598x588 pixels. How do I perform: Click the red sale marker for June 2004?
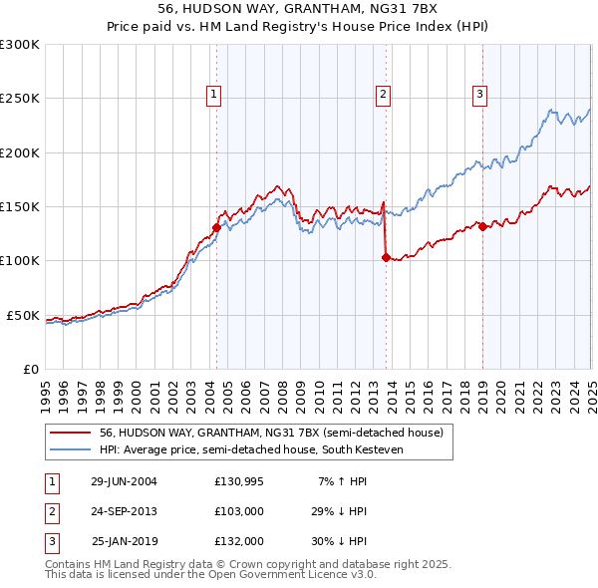216,227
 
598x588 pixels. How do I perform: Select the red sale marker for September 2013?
385,257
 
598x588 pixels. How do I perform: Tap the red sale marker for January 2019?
482,226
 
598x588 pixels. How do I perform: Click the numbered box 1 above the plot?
214,95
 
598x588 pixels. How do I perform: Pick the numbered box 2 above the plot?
383,95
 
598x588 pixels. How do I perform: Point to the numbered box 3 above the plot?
479,95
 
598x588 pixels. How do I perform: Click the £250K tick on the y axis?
19,99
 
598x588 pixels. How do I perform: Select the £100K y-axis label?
19,261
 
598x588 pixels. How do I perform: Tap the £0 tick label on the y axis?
29,369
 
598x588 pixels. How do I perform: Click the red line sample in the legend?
71,433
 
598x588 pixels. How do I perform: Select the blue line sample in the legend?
71,449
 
